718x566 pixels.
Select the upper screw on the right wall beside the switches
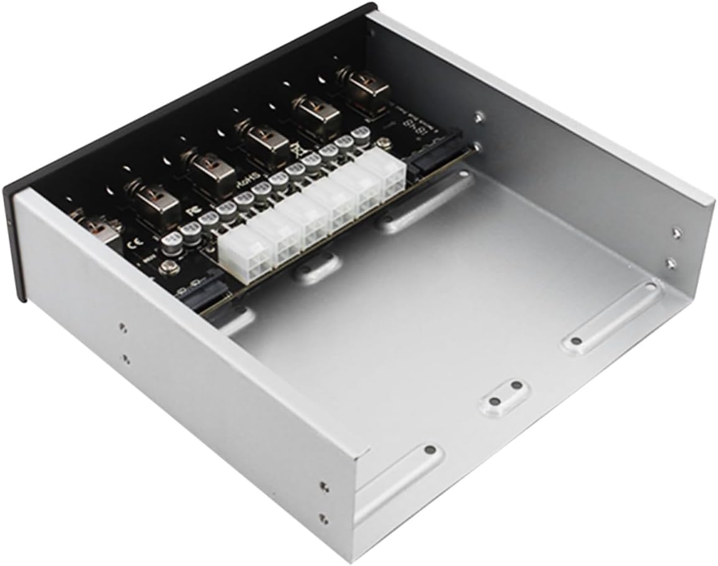(x=478, y=116)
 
